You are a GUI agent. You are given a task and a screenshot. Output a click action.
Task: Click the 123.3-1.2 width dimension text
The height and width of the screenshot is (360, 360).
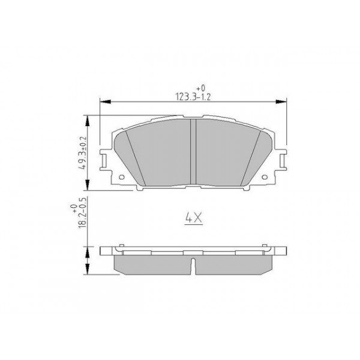193,95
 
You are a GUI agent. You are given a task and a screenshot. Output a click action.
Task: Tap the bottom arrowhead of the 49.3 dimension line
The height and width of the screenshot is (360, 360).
89,185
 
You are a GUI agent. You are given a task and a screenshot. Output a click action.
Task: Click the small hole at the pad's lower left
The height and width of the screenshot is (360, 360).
121,178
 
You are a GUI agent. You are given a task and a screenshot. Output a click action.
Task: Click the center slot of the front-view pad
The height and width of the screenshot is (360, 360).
193,153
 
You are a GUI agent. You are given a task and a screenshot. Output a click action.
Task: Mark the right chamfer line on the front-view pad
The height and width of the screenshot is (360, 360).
251,157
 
